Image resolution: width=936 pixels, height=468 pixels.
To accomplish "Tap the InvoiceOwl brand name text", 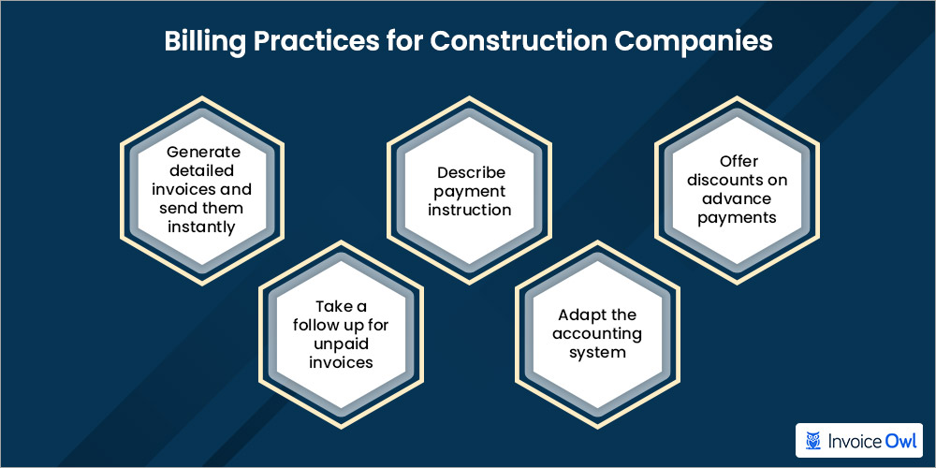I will click(871, 438).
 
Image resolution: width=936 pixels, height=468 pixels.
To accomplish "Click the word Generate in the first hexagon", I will click(204, 152).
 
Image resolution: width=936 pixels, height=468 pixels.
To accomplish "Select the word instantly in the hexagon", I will click(201, 227).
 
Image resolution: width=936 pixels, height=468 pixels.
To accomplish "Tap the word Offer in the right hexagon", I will click(739, 161).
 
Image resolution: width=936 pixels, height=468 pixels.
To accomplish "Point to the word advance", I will click(739, 198).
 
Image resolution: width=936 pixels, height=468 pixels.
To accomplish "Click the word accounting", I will click(597, 333).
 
